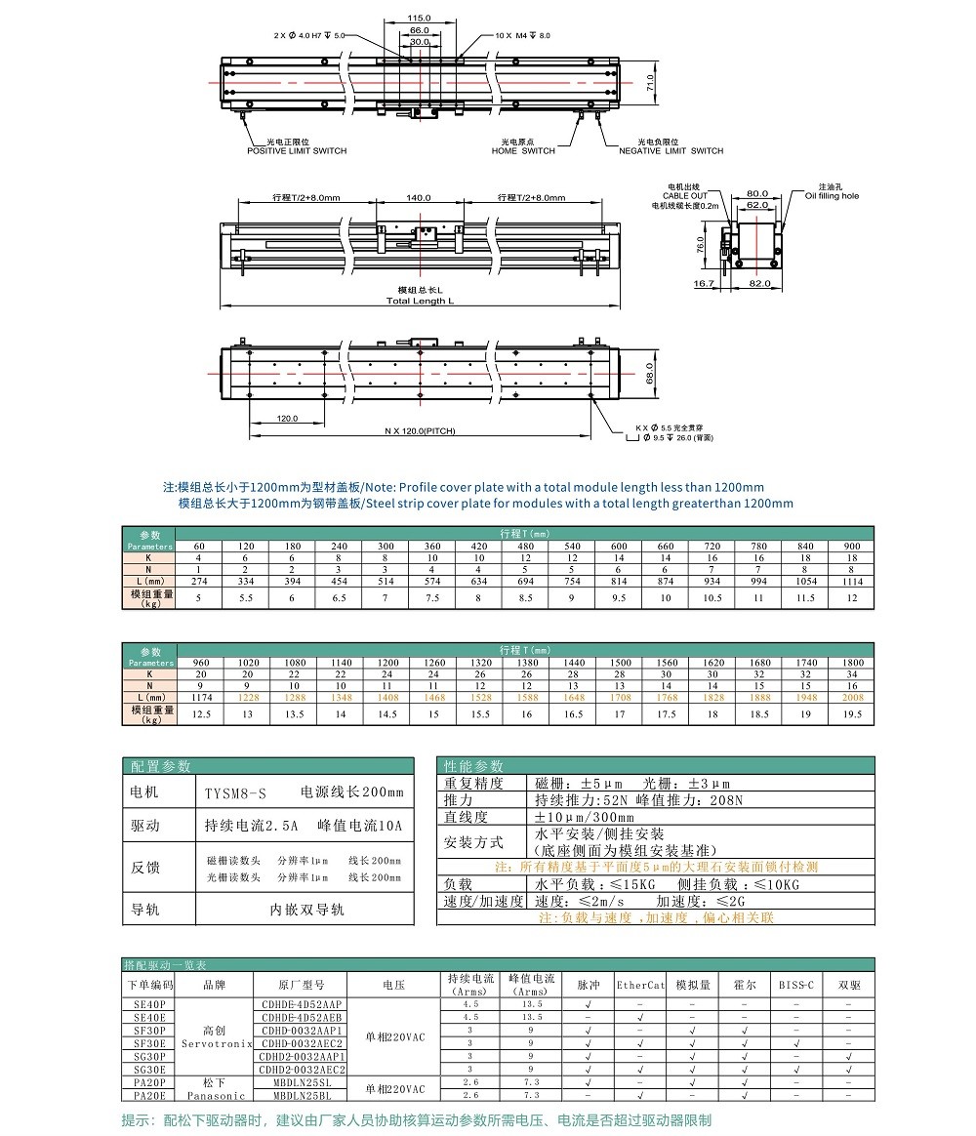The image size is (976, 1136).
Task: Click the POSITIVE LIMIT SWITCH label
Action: click(x=296, y=151)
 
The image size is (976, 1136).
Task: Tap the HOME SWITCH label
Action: click(x=523, y=151)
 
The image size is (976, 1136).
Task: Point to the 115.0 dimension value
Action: click(x=419, y=19)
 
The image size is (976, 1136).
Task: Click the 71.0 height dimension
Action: click(x=652, y=87)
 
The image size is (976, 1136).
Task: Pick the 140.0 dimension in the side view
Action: click(x=419, y=198)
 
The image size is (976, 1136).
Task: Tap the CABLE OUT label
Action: click(x=685, y=196)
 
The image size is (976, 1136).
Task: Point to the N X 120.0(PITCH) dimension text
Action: click(x=420, y=430)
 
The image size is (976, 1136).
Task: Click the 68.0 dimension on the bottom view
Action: click(x=650, y=375)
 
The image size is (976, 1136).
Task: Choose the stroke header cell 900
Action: click(x=851, y=546)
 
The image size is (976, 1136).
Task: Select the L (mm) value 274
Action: click(x=199, y=581)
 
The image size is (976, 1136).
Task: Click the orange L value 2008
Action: click(x=851, y=698)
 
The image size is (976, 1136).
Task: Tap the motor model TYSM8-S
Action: click(x=234, y=793)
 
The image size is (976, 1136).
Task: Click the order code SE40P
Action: click(x=149, y=1003)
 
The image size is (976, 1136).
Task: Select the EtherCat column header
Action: click(x=640, y=985)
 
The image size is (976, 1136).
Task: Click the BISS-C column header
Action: click(x=796, y=985)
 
